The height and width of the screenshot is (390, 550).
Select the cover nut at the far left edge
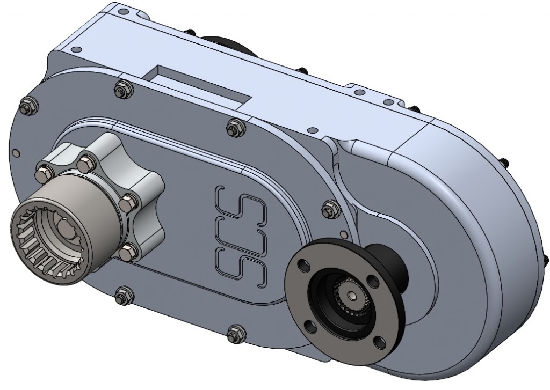(x=26, y=106)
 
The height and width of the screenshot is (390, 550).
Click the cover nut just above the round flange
(x=329, y=209)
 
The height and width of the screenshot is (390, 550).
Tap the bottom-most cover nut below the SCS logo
(x=235, y=334)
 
